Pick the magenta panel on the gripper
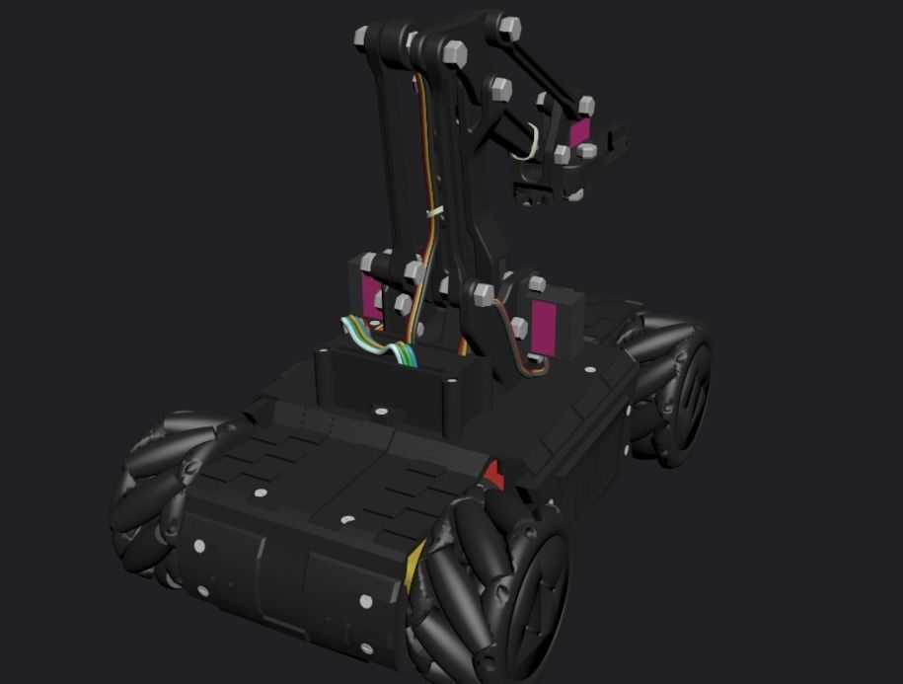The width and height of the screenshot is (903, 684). [x=579, y=131]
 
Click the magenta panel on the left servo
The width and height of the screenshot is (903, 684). [x=373, y=297]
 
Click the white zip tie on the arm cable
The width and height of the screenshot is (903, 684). [x=433, y=212]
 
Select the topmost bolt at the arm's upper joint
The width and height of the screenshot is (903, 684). [x=509, y=25]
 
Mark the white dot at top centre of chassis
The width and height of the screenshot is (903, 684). [x=376, y=409]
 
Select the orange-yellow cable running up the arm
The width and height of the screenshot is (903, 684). [x=427, y=148]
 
